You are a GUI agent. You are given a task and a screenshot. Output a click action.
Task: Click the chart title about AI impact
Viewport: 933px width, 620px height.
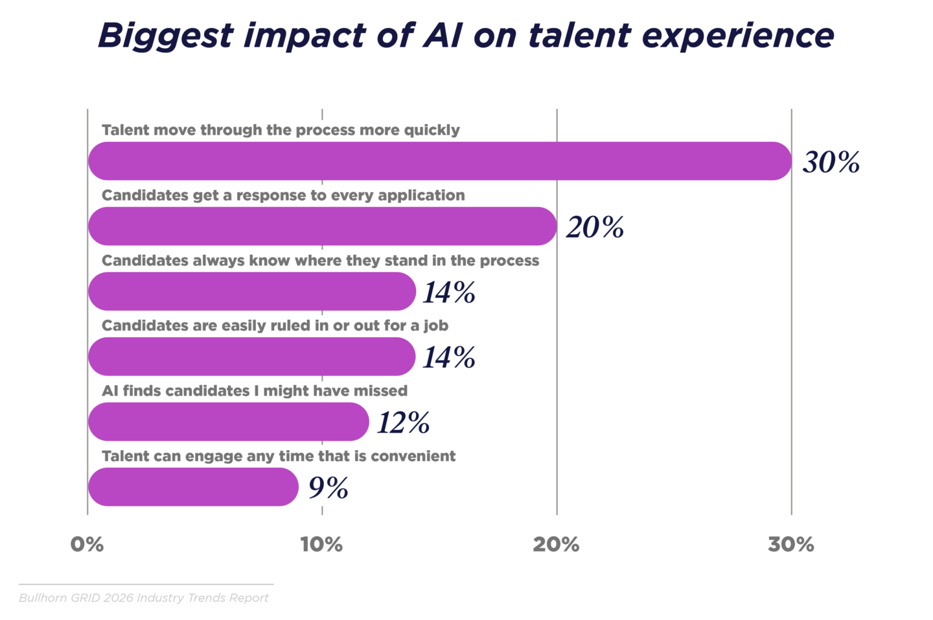pos(465,36)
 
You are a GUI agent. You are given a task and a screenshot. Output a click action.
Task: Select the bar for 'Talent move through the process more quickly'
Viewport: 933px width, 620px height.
pos(439,161)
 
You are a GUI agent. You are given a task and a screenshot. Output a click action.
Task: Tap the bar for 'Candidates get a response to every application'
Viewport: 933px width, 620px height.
pos(322,226)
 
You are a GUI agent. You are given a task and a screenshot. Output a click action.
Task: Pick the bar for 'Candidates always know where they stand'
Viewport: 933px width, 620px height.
pos(251,291)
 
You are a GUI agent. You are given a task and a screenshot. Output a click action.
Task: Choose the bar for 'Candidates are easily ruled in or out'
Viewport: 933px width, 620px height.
pos(251,357)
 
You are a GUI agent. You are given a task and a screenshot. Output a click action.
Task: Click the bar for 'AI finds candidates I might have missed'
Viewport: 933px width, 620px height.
pos(228,422)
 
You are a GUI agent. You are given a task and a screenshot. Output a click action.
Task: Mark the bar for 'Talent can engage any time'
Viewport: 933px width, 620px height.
pos(193,487)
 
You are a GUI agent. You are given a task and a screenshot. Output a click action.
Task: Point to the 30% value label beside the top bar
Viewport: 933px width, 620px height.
pos(831,162)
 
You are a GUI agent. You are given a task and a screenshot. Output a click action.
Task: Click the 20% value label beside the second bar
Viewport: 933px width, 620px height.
pos(595,227)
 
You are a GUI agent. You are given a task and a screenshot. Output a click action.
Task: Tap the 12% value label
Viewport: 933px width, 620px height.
pos(403,423)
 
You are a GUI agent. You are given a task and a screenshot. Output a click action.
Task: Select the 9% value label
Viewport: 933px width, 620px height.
pos(328,488)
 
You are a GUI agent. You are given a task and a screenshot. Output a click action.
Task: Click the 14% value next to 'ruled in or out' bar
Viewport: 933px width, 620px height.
pos(449,357)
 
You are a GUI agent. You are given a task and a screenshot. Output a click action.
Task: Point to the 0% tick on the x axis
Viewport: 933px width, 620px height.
pos(87,545)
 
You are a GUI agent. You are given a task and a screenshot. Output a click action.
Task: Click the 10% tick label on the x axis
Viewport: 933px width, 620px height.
pos(321,545)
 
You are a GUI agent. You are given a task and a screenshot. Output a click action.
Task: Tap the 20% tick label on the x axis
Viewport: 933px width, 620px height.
pos(556,545)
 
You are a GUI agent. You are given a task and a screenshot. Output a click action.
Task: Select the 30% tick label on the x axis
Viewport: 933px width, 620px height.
pos(790,545)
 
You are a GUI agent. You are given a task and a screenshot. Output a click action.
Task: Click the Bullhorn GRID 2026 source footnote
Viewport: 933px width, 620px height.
pos(144,598)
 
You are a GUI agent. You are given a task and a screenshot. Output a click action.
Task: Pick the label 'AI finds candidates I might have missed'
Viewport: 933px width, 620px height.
pos(255,391)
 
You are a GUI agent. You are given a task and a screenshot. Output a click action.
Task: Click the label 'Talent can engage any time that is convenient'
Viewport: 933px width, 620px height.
pos(279,456)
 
